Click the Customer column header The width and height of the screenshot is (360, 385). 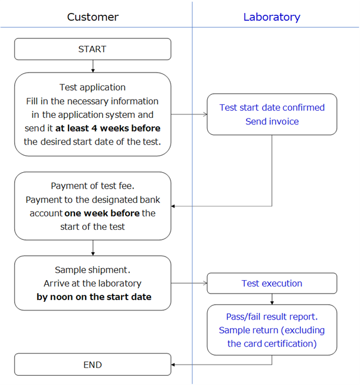(x=92, y=17)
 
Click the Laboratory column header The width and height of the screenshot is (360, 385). (x=271, y=17)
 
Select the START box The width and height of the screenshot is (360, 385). (x=93, y=50)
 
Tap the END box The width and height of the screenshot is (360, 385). (x=93, y=365)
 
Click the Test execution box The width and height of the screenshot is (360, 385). (x=271, y=284)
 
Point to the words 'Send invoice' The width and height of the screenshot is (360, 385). (x=271, y=121)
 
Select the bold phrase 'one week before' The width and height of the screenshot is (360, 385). (x=102, y=213)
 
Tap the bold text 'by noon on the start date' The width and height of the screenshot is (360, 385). (x=94, y=297)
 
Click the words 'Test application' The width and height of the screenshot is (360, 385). (x=93, y=87)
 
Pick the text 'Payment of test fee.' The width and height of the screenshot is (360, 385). (x=93, y=186)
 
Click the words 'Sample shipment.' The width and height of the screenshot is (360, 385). (x=93, y=269)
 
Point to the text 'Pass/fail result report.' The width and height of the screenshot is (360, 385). (x=271, y=317)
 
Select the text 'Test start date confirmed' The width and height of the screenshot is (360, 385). (x=271, y=107)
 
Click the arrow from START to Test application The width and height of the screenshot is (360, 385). (x=93, y=66)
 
